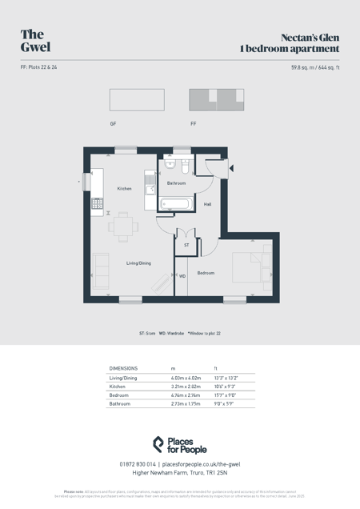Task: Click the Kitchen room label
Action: [x=124, y=189]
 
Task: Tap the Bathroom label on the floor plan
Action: [x=176, y=183]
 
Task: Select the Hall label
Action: [x=208, y=205]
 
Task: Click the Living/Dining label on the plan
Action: [x=138, y=263]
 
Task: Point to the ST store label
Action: [x=186, y=245]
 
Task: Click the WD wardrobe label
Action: [x=182, y=276]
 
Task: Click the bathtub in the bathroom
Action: [x=176, y=204]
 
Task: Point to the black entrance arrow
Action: [x=231, y=168]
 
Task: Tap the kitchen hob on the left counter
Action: [x=97, y=203]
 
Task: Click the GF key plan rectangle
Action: [x=137, y=100]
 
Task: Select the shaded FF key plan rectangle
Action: [x=216, y=100]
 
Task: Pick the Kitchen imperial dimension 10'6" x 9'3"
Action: [x=226, y=387]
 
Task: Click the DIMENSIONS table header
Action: [x=123, y=368]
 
